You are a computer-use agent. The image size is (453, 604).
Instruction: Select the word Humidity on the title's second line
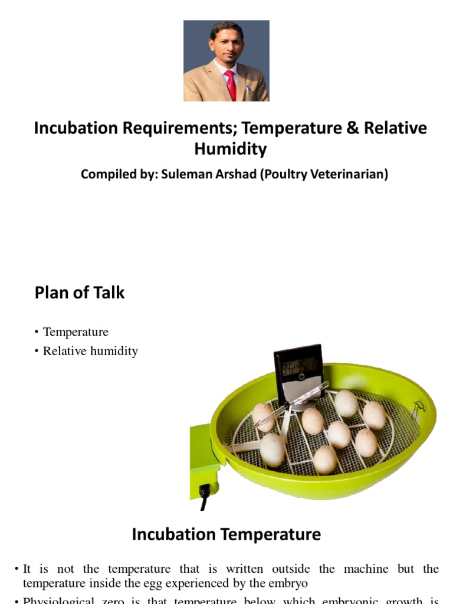coord(230,149)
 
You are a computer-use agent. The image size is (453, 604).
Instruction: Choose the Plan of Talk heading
coord(80,293)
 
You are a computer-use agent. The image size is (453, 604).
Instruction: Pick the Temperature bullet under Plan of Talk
coord(75,332)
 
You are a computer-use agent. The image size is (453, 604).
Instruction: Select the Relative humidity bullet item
coord(90,351)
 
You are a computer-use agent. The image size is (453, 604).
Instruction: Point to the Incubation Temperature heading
coord(226,534)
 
